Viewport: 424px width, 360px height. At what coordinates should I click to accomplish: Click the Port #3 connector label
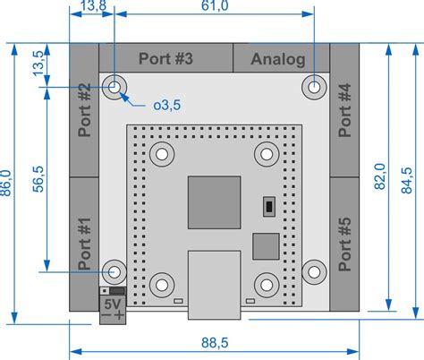[x=166, y=59]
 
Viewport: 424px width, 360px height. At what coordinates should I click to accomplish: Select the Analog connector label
[x=278, y=60]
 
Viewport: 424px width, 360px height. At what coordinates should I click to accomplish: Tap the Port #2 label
[x=85, y=110]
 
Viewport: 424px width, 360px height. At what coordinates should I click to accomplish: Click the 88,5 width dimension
[x=215, y=343]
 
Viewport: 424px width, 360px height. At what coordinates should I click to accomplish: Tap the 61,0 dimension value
[x=215, y=7]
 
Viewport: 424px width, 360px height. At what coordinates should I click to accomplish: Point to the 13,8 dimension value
[x=93, y=7]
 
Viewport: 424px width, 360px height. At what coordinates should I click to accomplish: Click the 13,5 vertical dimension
[x=38, y=65]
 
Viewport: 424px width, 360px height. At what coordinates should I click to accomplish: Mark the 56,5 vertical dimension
[x=38, y=178]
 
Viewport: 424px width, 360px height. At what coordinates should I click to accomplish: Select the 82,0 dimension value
[x=380, y=176]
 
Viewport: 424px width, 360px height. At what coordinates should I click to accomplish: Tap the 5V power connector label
[x=113, y=305]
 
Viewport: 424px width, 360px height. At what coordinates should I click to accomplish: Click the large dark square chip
[x=214, y=202]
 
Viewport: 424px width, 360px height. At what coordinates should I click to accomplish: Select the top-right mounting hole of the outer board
[x=314, y=87]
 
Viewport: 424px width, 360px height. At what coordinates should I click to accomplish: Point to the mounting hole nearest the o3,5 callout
[x=114, y=87]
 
